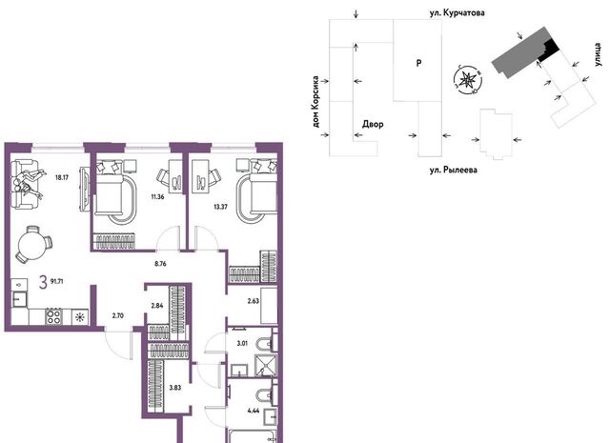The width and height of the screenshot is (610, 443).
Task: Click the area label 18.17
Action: point(62,178)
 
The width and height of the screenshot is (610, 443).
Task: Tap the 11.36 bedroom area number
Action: point(157,197)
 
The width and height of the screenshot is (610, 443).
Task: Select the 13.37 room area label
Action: point(220,207)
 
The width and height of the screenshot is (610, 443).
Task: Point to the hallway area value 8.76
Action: point(160,264)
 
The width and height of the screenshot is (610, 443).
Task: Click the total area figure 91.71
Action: point(57,281)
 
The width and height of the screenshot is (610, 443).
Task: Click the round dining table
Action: point(32,244)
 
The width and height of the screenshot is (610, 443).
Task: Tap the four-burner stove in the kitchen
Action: point(53,316)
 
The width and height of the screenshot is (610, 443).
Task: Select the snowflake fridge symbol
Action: point(80,317)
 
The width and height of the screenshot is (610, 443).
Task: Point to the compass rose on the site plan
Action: point(468,79)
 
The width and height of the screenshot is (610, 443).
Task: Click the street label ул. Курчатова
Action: point(457,12)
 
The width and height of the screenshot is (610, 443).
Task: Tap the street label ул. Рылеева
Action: point(454,170)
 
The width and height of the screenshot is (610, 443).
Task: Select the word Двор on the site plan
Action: point(373,125)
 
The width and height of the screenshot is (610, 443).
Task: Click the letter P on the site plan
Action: point(418,63)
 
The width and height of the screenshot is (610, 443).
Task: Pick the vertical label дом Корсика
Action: point(315,102)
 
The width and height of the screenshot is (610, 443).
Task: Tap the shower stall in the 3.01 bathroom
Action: point(266,366)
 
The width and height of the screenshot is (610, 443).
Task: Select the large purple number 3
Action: point(43,282)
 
